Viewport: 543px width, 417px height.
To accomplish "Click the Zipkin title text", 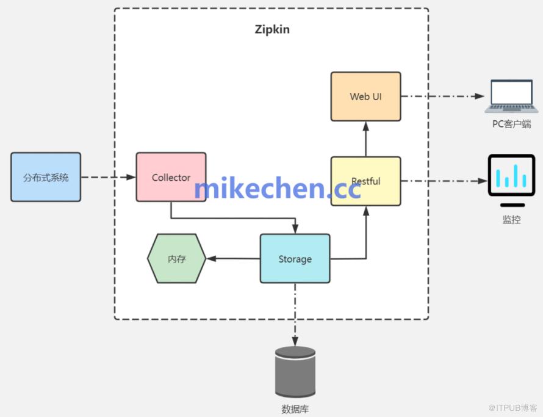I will point(272,29).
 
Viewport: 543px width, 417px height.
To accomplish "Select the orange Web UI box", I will point(365,96).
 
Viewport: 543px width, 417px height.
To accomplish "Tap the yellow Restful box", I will point(365,181).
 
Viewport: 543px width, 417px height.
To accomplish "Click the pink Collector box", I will point(171,177).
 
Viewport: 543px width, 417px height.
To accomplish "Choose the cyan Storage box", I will point(295,259).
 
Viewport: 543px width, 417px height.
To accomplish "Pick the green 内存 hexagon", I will point(176,259).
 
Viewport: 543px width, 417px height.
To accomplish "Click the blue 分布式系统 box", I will point(46,177).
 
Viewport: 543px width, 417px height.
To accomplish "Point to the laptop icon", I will point(511,96).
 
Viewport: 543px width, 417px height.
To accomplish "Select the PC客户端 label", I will point(511,124).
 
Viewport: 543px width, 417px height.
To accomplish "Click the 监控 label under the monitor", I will point(511,220).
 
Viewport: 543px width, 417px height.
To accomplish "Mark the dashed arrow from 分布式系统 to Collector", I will point(108,177).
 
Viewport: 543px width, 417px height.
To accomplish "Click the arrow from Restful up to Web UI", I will point(366,139).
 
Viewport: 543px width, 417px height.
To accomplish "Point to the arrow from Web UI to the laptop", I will point(442,96).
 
